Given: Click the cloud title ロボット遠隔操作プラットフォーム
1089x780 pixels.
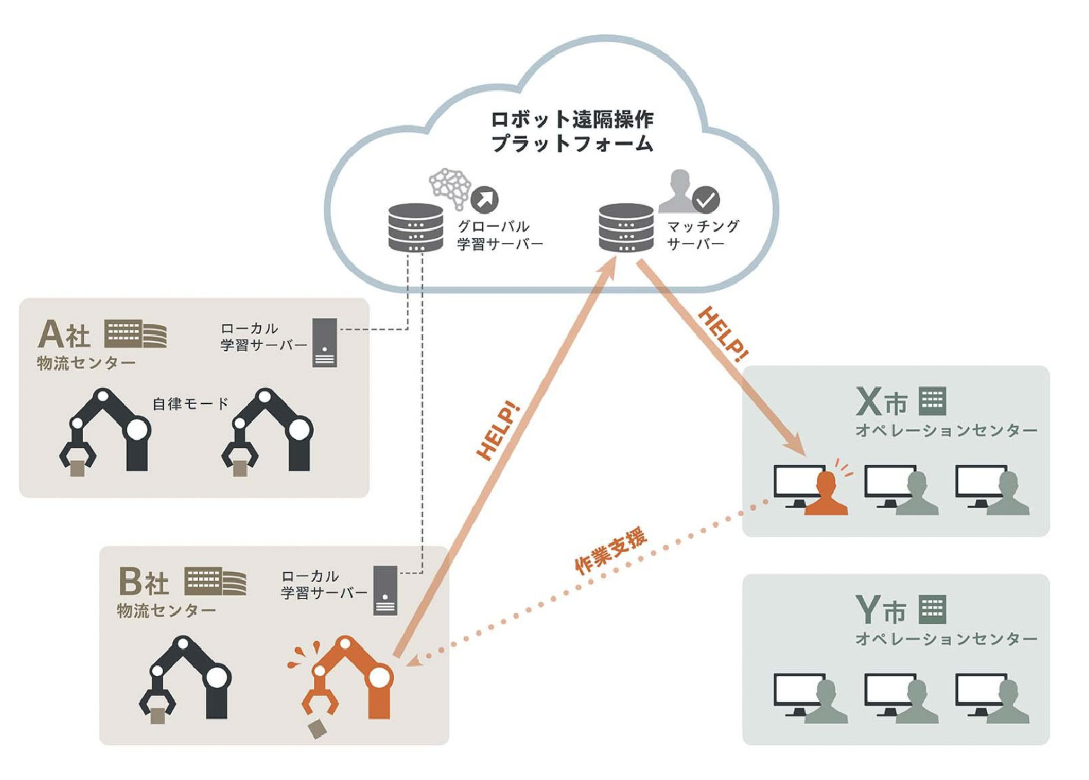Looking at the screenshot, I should pos(572,131).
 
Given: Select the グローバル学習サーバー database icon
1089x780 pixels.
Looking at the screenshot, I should pos(416,228).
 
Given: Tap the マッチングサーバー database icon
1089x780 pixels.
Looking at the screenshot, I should pos(626,228).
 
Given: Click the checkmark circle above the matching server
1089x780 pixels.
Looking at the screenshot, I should pos(705,200).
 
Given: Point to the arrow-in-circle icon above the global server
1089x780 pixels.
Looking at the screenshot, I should pos(485,200).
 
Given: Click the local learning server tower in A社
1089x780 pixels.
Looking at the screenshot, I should pos(324,343).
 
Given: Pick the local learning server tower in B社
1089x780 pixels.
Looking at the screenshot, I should pos(385,590).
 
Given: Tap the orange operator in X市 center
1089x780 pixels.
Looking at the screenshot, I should pos(826,494).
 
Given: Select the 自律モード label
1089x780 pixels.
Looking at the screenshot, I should pos(190,404).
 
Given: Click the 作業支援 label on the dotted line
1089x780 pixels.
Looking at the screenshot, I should pos(610,551).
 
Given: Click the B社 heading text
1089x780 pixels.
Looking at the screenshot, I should pos(144,582).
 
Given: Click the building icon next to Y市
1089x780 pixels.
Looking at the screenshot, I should pos(932,609).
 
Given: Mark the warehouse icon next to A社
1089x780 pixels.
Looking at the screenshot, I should pos(136,335).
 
